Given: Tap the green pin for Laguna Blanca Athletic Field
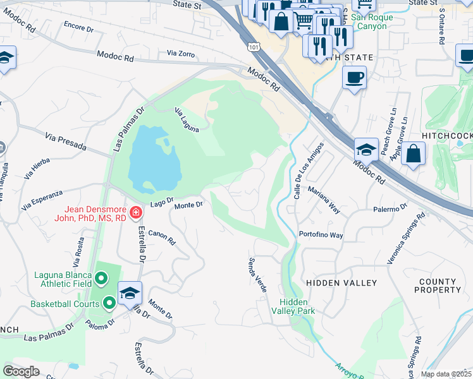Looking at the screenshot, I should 101,277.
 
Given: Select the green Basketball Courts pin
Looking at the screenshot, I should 109,304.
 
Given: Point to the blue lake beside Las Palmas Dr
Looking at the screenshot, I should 152,158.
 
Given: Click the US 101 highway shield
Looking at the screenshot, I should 254,47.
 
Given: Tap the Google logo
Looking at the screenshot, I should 21,371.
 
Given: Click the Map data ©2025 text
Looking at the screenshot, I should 446,374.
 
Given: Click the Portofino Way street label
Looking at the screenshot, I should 321,235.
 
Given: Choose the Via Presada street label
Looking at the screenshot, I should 66,141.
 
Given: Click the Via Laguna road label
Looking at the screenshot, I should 187,120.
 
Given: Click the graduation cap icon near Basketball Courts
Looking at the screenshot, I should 130,292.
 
